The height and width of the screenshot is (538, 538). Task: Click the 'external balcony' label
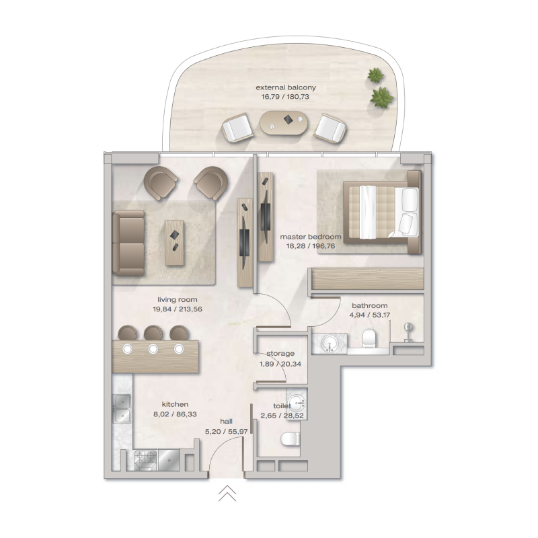pyautogui.click(x=285, y=87)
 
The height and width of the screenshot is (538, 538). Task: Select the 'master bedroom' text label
pyautogui.click(x=311, y=237)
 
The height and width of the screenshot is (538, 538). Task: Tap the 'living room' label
pyautogui.click(x=178, y=300)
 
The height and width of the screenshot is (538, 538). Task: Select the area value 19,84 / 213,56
pyautogui.click(x=178, y=309)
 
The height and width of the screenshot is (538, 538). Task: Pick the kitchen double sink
pyautogui.click(x=122, y=408)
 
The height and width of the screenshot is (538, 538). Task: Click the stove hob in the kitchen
pyautogui.click(x=147, y=460)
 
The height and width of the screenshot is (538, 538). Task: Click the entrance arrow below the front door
pyautogui.click(x=227, y=494)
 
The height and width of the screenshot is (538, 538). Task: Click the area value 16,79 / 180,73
pyautogui.click(x=285, y=97)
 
